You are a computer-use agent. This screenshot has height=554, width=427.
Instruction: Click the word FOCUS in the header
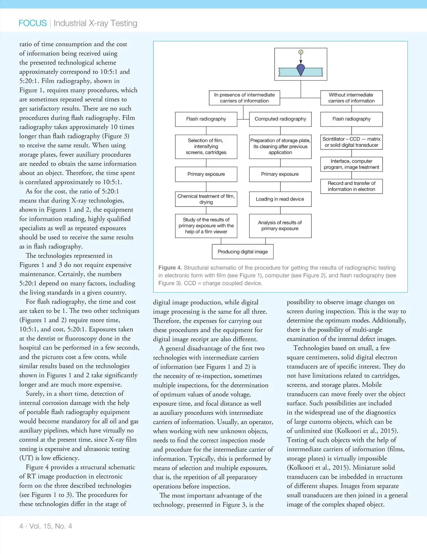(x=32, y=23)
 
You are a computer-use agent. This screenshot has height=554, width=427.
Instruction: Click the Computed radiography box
(x=280, y=119)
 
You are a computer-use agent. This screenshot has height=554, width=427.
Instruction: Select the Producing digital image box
(x=243, y=252)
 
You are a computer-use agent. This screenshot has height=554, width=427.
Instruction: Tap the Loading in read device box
(x=280, y=199)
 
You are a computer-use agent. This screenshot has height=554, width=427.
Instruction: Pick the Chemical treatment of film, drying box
(x=206, y=199)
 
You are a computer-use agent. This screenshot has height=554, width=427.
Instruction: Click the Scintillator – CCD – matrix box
(x=351, y=142)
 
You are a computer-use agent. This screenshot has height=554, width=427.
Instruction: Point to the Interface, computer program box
(x=351, y=164)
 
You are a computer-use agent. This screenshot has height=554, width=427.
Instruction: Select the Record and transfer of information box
(x=351, y=186)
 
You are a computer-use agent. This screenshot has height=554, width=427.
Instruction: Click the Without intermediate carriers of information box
(x=351, y=98)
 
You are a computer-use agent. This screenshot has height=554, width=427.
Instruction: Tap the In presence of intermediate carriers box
(x=244, y=98)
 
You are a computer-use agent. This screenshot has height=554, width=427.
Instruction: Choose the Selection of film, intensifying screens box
(x=206, y=147)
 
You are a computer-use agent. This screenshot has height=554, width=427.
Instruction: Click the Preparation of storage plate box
(x=280, y=147)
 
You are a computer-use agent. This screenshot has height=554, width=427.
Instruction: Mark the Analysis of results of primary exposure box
(x=280, y=225)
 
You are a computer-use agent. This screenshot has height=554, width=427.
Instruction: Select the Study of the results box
(x=206, y=225)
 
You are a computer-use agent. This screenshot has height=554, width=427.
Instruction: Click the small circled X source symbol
(x=301, y=52)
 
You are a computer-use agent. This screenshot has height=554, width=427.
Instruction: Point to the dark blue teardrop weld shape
(x=301, y=70)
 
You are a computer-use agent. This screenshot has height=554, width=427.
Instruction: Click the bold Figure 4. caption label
(x=170, y=268)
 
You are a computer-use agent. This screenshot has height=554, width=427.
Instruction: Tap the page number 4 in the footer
(x=21, y=526)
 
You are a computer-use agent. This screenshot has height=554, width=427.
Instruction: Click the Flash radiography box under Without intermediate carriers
(x=351, y=119)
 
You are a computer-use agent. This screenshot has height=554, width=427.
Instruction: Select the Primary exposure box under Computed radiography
(x=280, y=174)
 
